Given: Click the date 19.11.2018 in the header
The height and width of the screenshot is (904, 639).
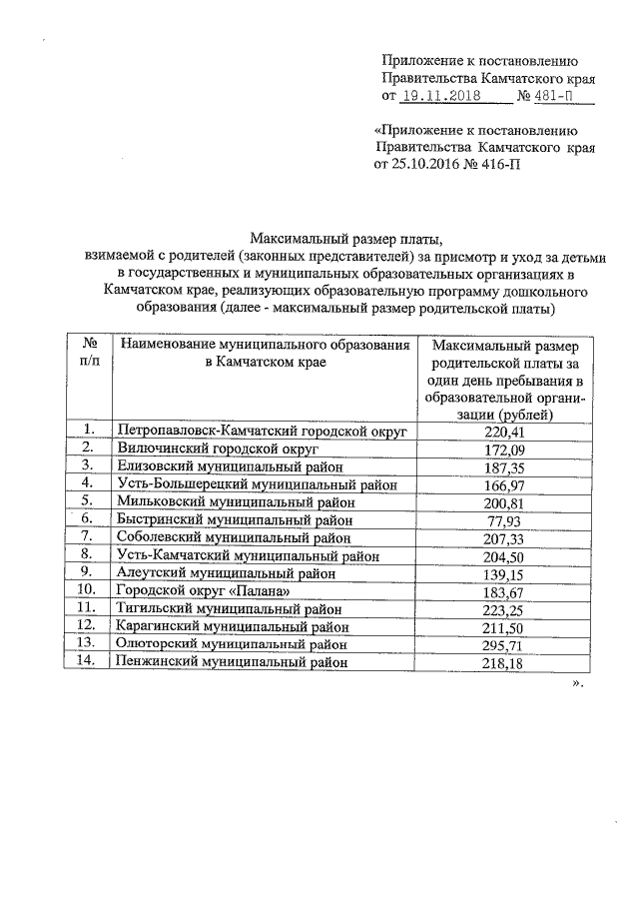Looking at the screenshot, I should click(440, 96).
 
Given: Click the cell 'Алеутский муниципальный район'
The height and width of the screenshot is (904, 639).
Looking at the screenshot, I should click(219, 572).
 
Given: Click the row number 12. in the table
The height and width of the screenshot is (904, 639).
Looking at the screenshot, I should click(88, 625).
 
